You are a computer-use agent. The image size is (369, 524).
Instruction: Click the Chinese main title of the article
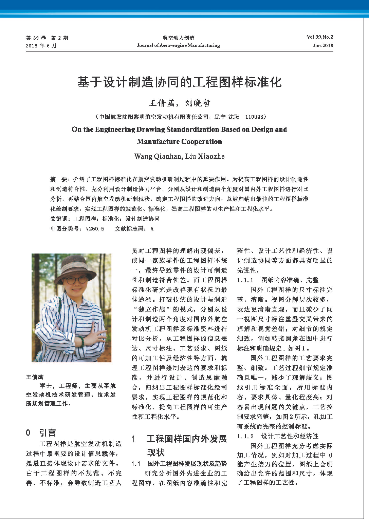(180, 82)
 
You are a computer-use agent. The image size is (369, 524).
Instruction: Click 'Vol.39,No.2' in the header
(320, 37)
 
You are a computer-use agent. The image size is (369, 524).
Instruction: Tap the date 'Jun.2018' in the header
(323, 45)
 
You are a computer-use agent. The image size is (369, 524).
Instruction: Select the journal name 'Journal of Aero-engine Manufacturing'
(178, 45)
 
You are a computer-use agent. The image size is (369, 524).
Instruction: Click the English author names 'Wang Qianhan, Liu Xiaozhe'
(179, 156)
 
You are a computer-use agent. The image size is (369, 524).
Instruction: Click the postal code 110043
(254, 117)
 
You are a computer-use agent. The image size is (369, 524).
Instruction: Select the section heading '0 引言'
(41, 433)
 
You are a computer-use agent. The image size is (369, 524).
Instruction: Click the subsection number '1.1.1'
(245, 280)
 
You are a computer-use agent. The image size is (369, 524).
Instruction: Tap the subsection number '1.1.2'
(245, 436)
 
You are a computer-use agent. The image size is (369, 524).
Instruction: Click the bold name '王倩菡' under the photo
(35, 377)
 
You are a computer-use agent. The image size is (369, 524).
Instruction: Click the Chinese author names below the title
(180, 103)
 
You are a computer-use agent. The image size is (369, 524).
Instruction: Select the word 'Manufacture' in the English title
(157, 142)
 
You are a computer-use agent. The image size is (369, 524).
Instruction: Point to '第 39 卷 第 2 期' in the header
(47, 38)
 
